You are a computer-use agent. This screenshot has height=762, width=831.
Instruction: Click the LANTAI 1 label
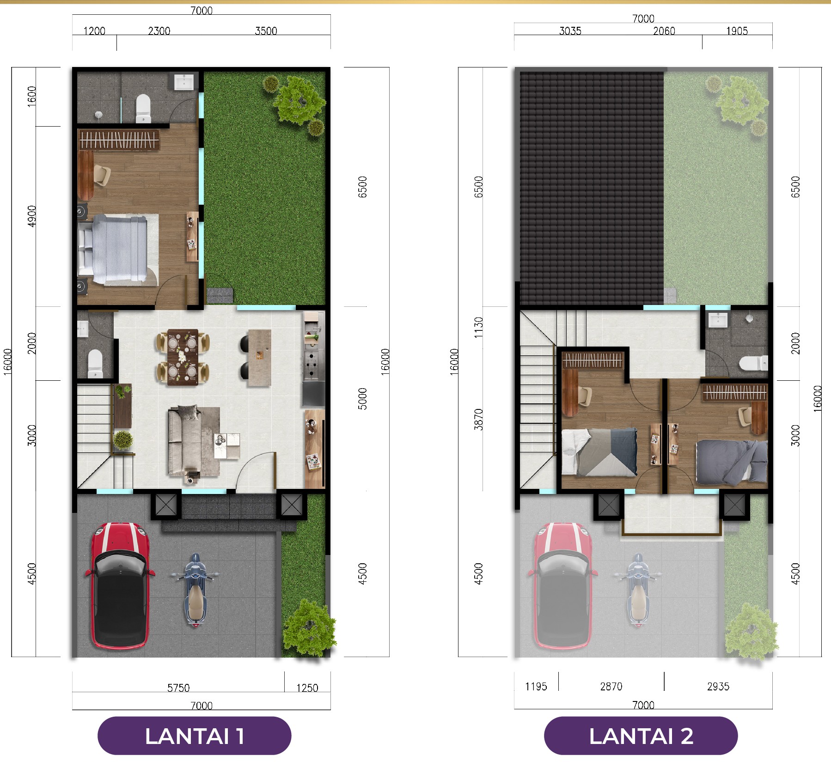[195, 736]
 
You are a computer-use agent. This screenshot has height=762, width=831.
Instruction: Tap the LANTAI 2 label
[641, 736]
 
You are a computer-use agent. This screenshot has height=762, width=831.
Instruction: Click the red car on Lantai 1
[120, 586]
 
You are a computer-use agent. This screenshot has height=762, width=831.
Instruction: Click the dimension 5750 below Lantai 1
[178, 688]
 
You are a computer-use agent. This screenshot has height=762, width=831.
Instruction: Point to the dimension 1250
[307, 688]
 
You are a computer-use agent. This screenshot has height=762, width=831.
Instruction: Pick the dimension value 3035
[570, 31]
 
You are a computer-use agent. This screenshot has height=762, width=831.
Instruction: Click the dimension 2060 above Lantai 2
[664, 31]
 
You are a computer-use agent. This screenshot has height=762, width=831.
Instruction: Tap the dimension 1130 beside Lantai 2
[479, 327]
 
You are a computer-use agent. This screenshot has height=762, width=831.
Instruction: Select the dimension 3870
[479, 420]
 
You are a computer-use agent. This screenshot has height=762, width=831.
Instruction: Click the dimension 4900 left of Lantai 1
[31, 216]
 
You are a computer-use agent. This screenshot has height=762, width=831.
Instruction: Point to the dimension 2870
[611, 686]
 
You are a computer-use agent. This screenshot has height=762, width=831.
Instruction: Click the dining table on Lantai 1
[183, 356]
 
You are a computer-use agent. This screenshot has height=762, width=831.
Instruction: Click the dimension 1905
[737, 31]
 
